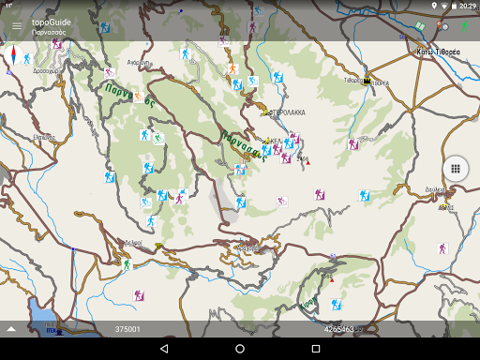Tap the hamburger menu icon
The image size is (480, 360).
(16, 25)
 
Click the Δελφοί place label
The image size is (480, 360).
(133, 243)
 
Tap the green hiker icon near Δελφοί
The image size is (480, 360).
(127, 264)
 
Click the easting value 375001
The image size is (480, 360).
(127, 329)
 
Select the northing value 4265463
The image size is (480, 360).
(338, 329)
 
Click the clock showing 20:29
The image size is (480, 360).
(466, 6)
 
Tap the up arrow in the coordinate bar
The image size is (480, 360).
(11, 329)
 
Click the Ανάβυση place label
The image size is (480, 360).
(140, 63)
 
